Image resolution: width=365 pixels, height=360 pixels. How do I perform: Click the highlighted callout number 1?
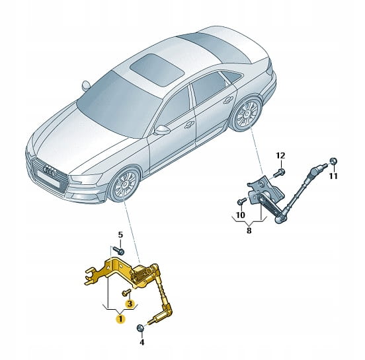pos(120,319)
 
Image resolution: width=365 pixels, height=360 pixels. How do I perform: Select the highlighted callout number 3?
pos(129,303)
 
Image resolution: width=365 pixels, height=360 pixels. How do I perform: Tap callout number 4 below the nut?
pos(142,342)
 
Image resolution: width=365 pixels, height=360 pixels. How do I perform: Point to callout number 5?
pos(120,234)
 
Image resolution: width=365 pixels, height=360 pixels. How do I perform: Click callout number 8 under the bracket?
pos(249,231)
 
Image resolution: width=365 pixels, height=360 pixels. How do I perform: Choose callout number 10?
pos(241,215)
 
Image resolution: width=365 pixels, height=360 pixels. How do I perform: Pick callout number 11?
pos(333,176)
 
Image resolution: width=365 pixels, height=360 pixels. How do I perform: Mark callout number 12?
pos(280,155)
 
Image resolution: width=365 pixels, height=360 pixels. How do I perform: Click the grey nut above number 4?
pos(140,328)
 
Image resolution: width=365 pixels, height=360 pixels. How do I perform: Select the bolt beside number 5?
pos(119,250)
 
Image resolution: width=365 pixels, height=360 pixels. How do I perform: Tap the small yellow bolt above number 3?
pos(126,293)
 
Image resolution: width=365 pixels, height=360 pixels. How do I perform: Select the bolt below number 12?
pos(279,173)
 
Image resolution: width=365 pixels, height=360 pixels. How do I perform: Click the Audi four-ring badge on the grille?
pos(50,171)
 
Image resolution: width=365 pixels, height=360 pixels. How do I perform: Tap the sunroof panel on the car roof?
pos(157,69)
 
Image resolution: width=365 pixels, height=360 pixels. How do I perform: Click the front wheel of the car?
pos(124,184)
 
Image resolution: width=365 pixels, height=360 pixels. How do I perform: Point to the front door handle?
pos(189,125)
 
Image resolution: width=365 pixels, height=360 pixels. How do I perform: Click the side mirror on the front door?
pos(162,130)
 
